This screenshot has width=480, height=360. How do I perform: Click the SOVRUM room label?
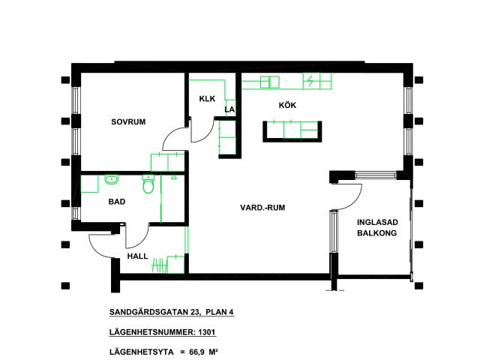click(127, 121)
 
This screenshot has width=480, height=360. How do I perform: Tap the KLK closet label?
click(207, 99)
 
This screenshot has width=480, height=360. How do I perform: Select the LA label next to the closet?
click(229, 109)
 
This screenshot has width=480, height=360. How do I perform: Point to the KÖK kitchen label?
click(287, 106)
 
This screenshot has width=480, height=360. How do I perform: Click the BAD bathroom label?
click(116, 202)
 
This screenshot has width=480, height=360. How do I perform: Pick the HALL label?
click(138, 256)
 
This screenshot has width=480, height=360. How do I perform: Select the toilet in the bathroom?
click(148, 184)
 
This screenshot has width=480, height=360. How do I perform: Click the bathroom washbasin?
click(112, 179)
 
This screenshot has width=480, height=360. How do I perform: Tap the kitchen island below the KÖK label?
click(293, 132)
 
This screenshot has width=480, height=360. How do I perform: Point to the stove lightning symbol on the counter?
click(310, 79)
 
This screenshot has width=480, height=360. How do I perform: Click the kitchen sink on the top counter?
click(270, 80)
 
